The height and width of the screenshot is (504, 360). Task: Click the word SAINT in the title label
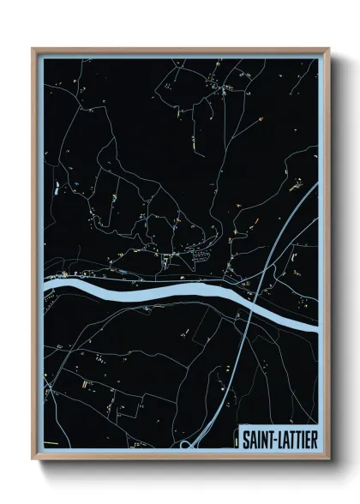click(255, 440)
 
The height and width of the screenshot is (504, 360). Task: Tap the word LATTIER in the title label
click(295, 440)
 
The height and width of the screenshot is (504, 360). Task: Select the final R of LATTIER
click(315, 440)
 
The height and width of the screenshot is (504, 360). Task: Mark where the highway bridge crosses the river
click(251, 303)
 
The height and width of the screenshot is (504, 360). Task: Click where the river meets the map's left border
click(45, 284)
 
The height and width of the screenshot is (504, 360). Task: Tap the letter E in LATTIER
click(308, 440)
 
